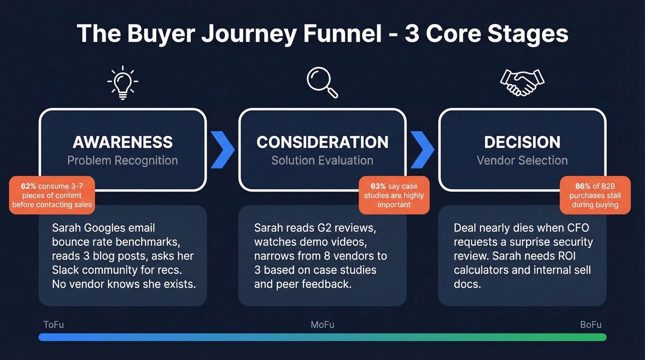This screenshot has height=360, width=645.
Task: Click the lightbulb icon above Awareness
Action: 123,83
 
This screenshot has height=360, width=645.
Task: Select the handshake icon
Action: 522,83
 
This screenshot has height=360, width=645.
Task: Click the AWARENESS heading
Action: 123,142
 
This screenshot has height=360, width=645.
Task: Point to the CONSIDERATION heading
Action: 322,142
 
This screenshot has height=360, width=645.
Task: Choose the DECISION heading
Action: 522,142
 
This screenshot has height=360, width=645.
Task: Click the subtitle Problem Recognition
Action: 123,160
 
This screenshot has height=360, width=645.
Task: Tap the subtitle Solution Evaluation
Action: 322,160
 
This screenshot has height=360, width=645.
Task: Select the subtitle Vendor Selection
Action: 522,160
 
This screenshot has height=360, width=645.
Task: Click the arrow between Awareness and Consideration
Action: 223,150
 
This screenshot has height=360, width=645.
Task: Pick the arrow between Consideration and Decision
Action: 422,150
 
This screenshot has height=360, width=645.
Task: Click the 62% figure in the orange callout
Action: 29,186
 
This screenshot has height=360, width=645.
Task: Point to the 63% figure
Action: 378,186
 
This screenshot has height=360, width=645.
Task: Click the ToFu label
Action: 53,325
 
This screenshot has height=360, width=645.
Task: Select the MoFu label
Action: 322,325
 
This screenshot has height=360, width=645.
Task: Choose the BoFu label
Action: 591,325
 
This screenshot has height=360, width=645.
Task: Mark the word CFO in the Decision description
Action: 578,228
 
